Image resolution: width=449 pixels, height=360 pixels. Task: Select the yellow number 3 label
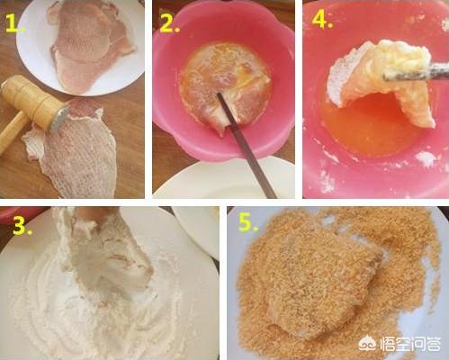tap(22, 226)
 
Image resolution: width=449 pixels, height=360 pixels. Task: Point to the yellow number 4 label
tap(323, 20)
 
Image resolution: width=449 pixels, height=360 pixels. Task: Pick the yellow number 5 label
tap(248, 222)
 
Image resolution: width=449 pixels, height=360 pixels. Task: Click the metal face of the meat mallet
tap(61, 116)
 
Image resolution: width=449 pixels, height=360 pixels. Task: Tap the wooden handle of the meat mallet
tap(12, 132)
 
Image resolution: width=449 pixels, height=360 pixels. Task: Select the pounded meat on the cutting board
tap(75, 150)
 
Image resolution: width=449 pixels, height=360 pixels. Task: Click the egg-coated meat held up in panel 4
tap(381, 78)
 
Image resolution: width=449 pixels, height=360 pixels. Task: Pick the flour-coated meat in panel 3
tap(102, 255)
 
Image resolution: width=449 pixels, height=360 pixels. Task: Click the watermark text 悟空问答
tap(410, 343)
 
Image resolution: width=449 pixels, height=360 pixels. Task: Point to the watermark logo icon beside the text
tap(368, 343)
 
